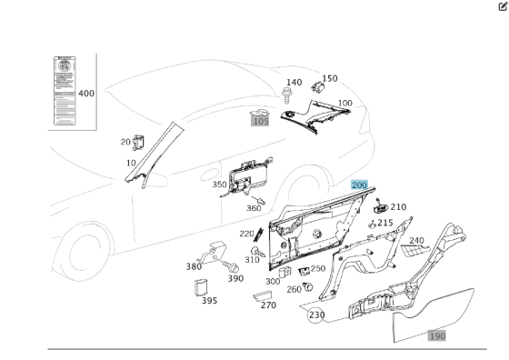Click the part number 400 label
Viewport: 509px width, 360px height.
[x=86, y=93]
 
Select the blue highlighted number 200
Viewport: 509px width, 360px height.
[x=359, y=185]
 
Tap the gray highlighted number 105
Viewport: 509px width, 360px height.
[x=261, y=120]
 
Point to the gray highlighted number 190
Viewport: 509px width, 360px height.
[x=437, y=335]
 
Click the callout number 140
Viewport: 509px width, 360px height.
[x=294, y=83]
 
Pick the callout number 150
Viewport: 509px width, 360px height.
[x=329, y=78]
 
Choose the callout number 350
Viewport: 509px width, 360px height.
[x=219, y=185]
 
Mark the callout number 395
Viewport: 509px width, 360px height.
[x=208, y=301]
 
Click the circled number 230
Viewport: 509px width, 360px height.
[x=316, y=315]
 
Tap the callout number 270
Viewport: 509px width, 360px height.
[x=268, y=305]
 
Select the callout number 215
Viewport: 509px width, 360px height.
[x=385, y=223]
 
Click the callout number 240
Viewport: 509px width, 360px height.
[x=416, y=240]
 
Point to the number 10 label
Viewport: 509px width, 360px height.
[x=131, y=163]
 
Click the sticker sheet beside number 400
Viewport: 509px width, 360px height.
[x=63, y=94]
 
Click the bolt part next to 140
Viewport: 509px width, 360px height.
[x=287, y=95]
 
